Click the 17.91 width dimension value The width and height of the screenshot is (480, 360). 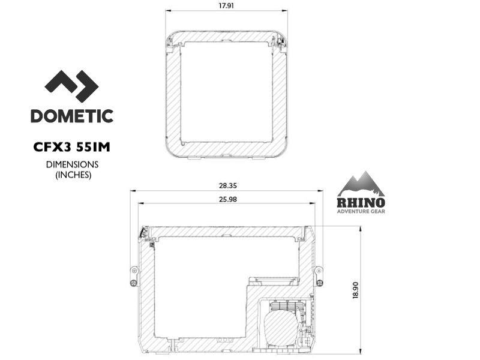tap(226, 6)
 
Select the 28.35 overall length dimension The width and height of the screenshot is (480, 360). tap(226, 186)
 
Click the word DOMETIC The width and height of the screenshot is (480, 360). tap(72, 116)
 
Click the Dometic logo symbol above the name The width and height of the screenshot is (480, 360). tap(71, 86)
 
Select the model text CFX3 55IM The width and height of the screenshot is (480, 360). tap(72, 146)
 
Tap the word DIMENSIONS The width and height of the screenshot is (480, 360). tap(72, 164)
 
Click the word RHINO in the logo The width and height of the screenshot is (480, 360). tap(361, 202)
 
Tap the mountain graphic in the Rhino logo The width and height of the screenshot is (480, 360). tap(361, 184)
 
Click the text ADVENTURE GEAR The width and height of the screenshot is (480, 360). tap(361, 211)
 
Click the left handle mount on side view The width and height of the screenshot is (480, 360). tap(134, 275)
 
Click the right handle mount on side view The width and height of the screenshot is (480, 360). tap(319, 275)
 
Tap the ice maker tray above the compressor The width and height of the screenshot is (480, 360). tap(273, 280)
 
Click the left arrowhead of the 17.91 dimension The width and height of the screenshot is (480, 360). tap(167, 10)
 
